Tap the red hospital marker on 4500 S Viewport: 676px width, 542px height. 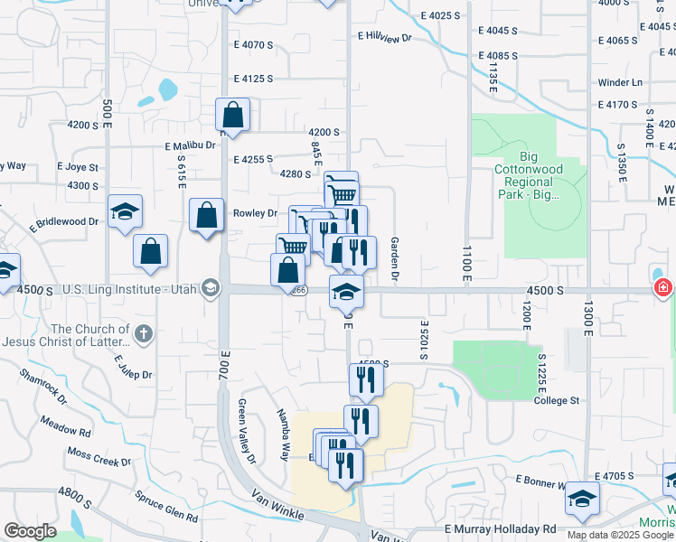pos(663,288)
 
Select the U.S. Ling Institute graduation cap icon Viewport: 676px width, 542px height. pos(211,288)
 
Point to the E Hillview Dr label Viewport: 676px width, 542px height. pos(384,37)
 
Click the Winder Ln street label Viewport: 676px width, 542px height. pos(620,83)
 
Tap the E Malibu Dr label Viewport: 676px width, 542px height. pos(191,145)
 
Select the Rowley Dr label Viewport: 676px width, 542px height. pos(255,213)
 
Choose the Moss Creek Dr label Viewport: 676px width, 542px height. pos(99,456)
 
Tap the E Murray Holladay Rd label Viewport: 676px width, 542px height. pos(500,528)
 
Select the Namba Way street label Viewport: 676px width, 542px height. pos(284,422)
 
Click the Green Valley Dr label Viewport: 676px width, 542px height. pos(247,432)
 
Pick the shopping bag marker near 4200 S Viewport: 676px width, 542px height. pos(232,116)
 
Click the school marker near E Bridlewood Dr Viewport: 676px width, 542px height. pos(125,212)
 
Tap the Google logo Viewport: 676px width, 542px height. pos(30,531)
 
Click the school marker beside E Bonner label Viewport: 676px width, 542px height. pos(585,500)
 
